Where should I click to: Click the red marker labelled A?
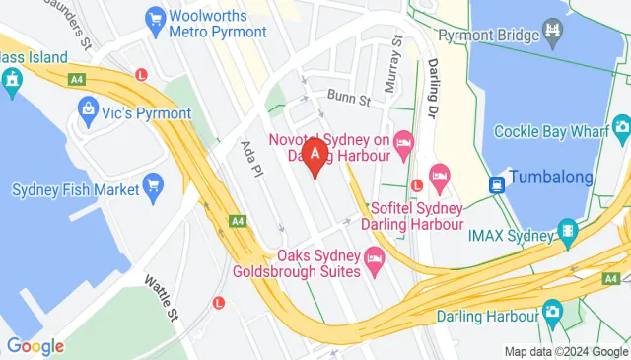click(x=315, y=156)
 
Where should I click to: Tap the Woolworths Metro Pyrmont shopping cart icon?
click(x=154, y=17)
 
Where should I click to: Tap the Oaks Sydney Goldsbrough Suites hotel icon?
click(x=374, y=262)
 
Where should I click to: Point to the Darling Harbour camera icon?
click(x=553, y=312)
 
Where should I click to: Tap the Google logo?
click(x=35, y=346)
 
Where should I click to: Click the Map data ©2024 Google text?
click(x=565, y=351)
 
